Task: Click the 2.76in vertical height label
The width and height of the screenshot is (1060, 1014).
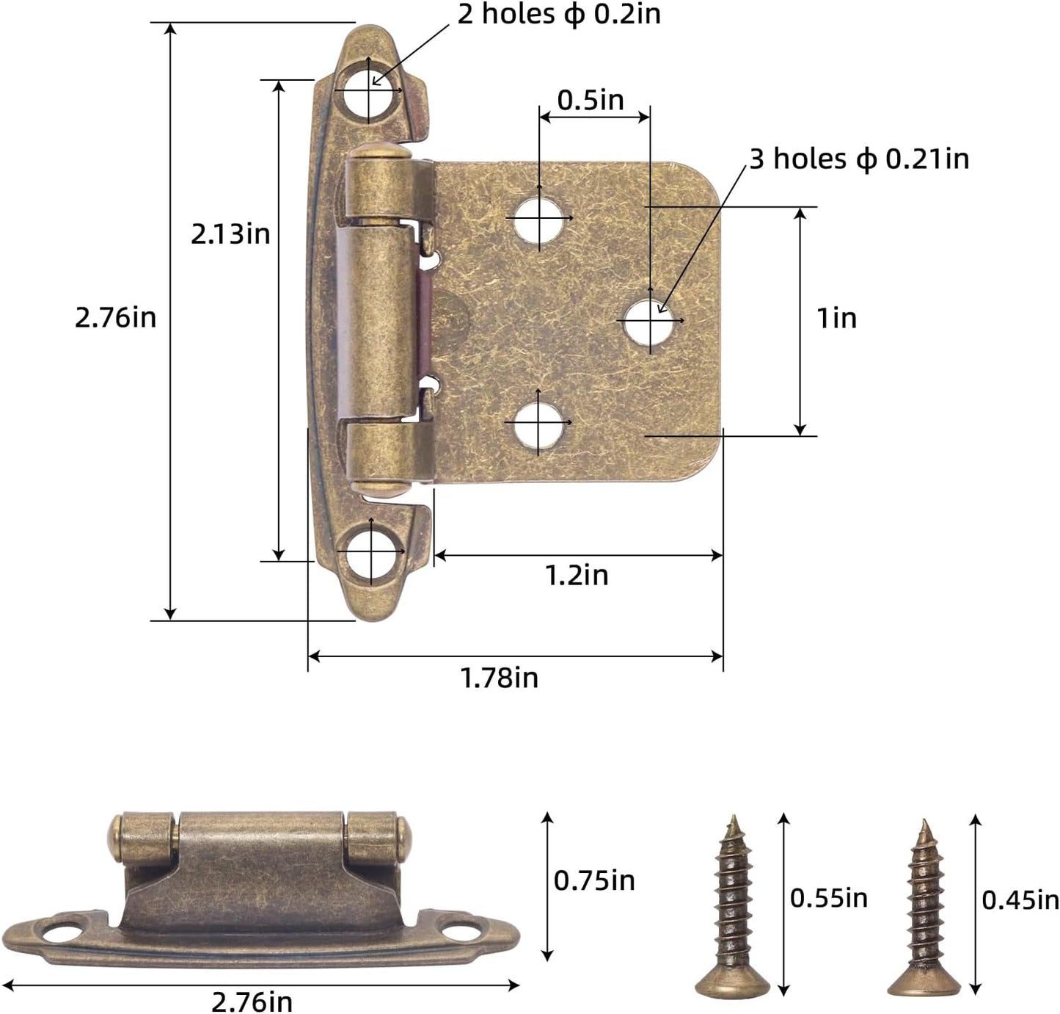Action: pos(115,318)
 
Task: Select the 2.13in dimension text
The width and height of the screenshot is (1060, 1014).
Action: pos(230,234)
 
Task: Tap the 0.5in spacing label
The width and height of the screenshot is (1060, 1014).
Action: pos(591,101)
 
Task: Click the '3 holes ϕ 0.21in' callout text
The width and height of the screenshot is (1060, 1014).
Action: pos(859,159)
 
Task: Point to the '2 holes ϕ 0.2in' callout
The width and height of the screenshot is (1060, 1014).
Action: pos(559,14)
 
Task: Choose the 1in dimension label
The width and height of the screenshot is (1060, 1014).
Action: pos(836,318)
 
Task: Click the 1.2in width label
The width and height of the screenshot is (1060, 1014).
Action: pos(577,576)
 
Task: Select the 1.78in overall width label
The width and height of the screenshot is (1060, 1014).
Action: pos(500,678)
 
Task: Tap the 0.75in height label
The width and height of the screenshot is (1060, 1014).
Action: pos(594,880)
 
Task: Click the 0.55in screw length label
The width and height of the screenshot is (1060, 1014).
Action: pos(828,898)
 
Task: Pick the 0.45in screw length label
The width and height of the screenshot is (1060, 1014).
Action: pos(1020,900)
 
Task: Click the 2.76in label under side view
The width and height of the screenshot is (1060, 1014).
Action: pos(252,1001)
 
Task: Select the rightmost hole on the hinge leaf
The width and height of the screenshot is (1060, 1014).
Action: pos(650,321)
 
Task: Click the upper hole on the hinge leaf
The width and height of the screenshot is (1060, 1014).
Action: pos(539,218)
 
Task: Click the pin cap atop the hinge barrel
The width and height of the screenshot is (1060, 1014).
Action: pos(375,151)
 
